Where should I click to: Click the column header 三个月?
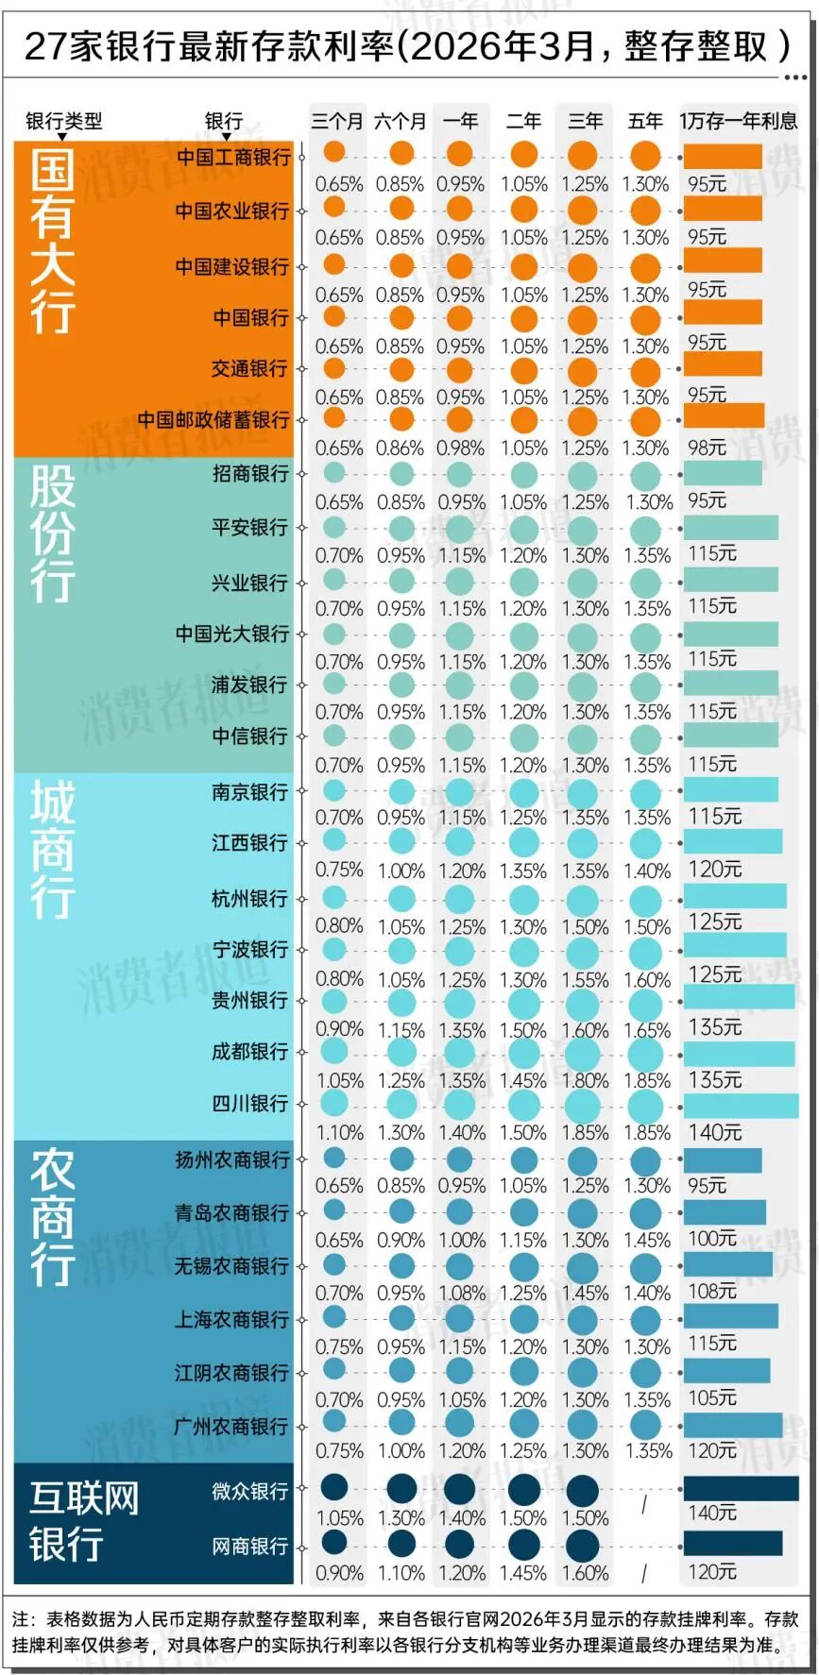click(x=337, y=121)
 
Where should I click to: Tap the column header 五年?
click(x=645, y=121)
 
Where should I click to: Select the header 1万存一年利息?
click(x=738, y=121)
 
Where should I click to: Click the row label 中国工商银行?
click(x=233, y=157)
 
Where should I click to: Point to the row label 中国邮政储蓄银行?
click(x=213, y=419)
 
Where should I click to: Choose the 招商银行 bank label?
click(x=250, y=473)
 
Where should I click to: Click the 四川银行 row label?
click(x=250, y=1103)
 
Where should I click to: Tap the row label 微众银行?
click(x=250, y=1491)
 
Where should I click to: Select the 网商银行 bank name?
click(x=250, y=1546)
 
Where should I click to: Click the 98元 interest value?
click(x=707, y=447)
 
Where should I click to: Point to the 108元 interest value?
click(x=712, y=1291)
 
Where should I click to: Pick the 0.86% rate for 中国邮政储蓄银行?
click(x=401, y=448)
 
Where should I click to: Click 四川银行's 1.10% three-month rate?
click(x=339, y=1131)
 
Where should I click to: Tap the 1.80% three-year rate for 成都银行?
click(x=586, y=1079)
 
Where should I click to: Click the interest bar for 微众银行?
click(x=741, y=1489)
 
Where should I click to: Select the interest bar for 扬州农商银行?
click(x=723, y=1159)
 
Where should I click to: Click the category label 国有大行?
click(x=52, y=241)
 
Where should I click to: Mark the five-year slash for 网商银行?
click(x=644, y=1573)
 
